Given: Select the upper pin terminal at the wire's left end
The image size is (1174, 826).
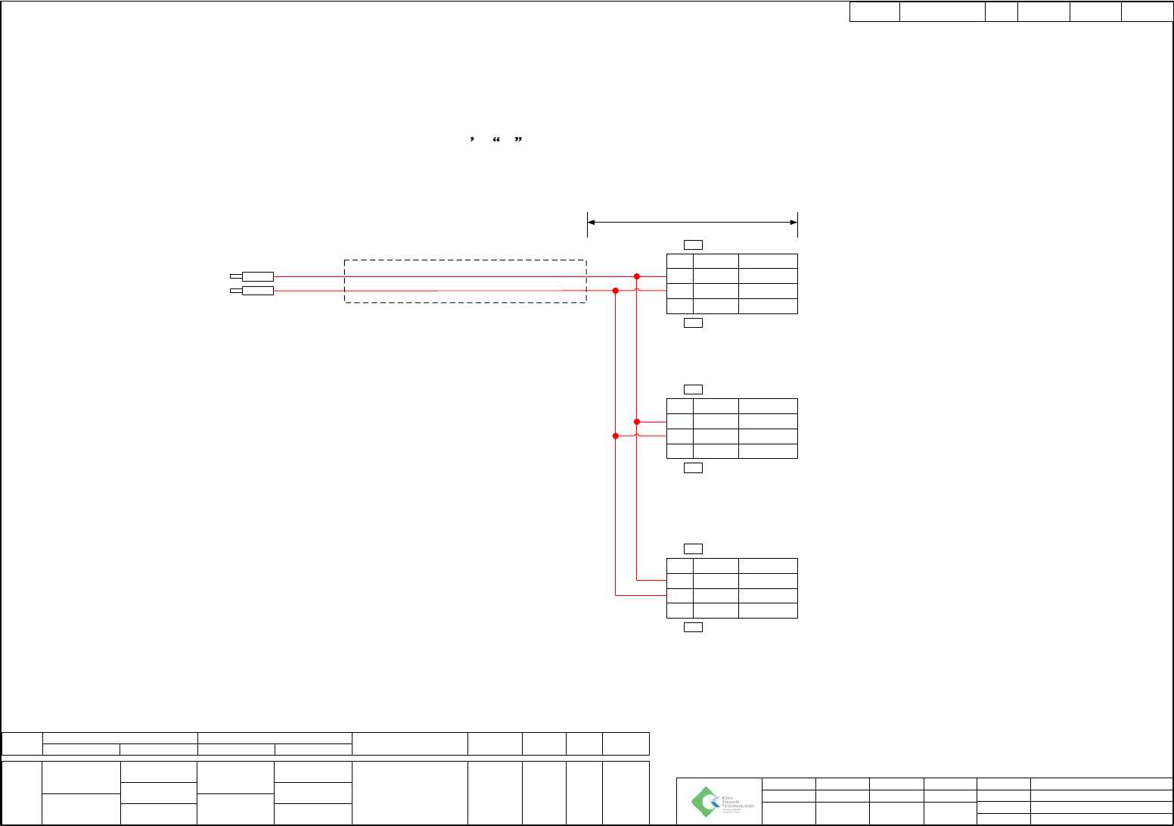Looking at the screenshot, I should pos(257,276).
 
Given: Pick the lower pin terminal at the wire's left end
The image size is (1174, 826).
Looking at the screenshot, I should pos(257,291).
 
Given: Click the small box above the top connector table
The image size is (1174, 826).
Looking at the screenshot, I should pos(693,245).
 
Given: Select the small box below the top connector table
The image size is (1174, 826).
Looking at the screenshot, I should pos(693,323).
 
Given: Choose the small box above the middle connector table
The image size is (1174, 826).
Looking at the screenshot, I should pos(693,389).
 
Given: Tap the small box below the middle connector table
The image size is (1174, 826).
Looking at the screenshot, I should pos(693,468).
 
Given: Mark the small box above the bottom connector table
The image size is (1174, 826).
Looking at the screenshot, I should pos(693,549).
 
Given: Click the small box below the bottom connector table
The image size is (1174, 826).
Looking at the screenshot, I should pos(693,627).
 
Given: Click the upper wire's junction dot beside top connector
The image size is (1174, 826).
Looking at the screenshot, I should pos(637,276).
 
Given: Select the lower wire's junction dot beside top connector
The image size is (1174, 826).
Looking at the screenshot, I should pos(616,291).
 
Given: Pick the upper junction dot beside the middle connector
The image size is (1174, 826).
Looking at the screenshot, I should pos(637,422).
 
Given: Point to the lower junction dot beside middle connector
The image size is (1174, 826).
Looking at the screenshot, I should pos(616,436).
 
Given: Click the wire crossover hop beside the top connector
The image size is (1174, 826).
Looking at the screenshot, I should pos(637,290).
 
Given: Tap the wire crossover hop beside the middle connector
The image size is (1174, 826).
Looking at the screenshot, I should pos(637,435).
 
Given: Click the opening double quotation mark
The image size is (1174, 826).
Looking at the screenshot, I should pos(497,140).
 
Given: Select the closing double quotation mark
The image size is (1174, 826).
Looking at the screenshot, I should pos(518,140).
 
